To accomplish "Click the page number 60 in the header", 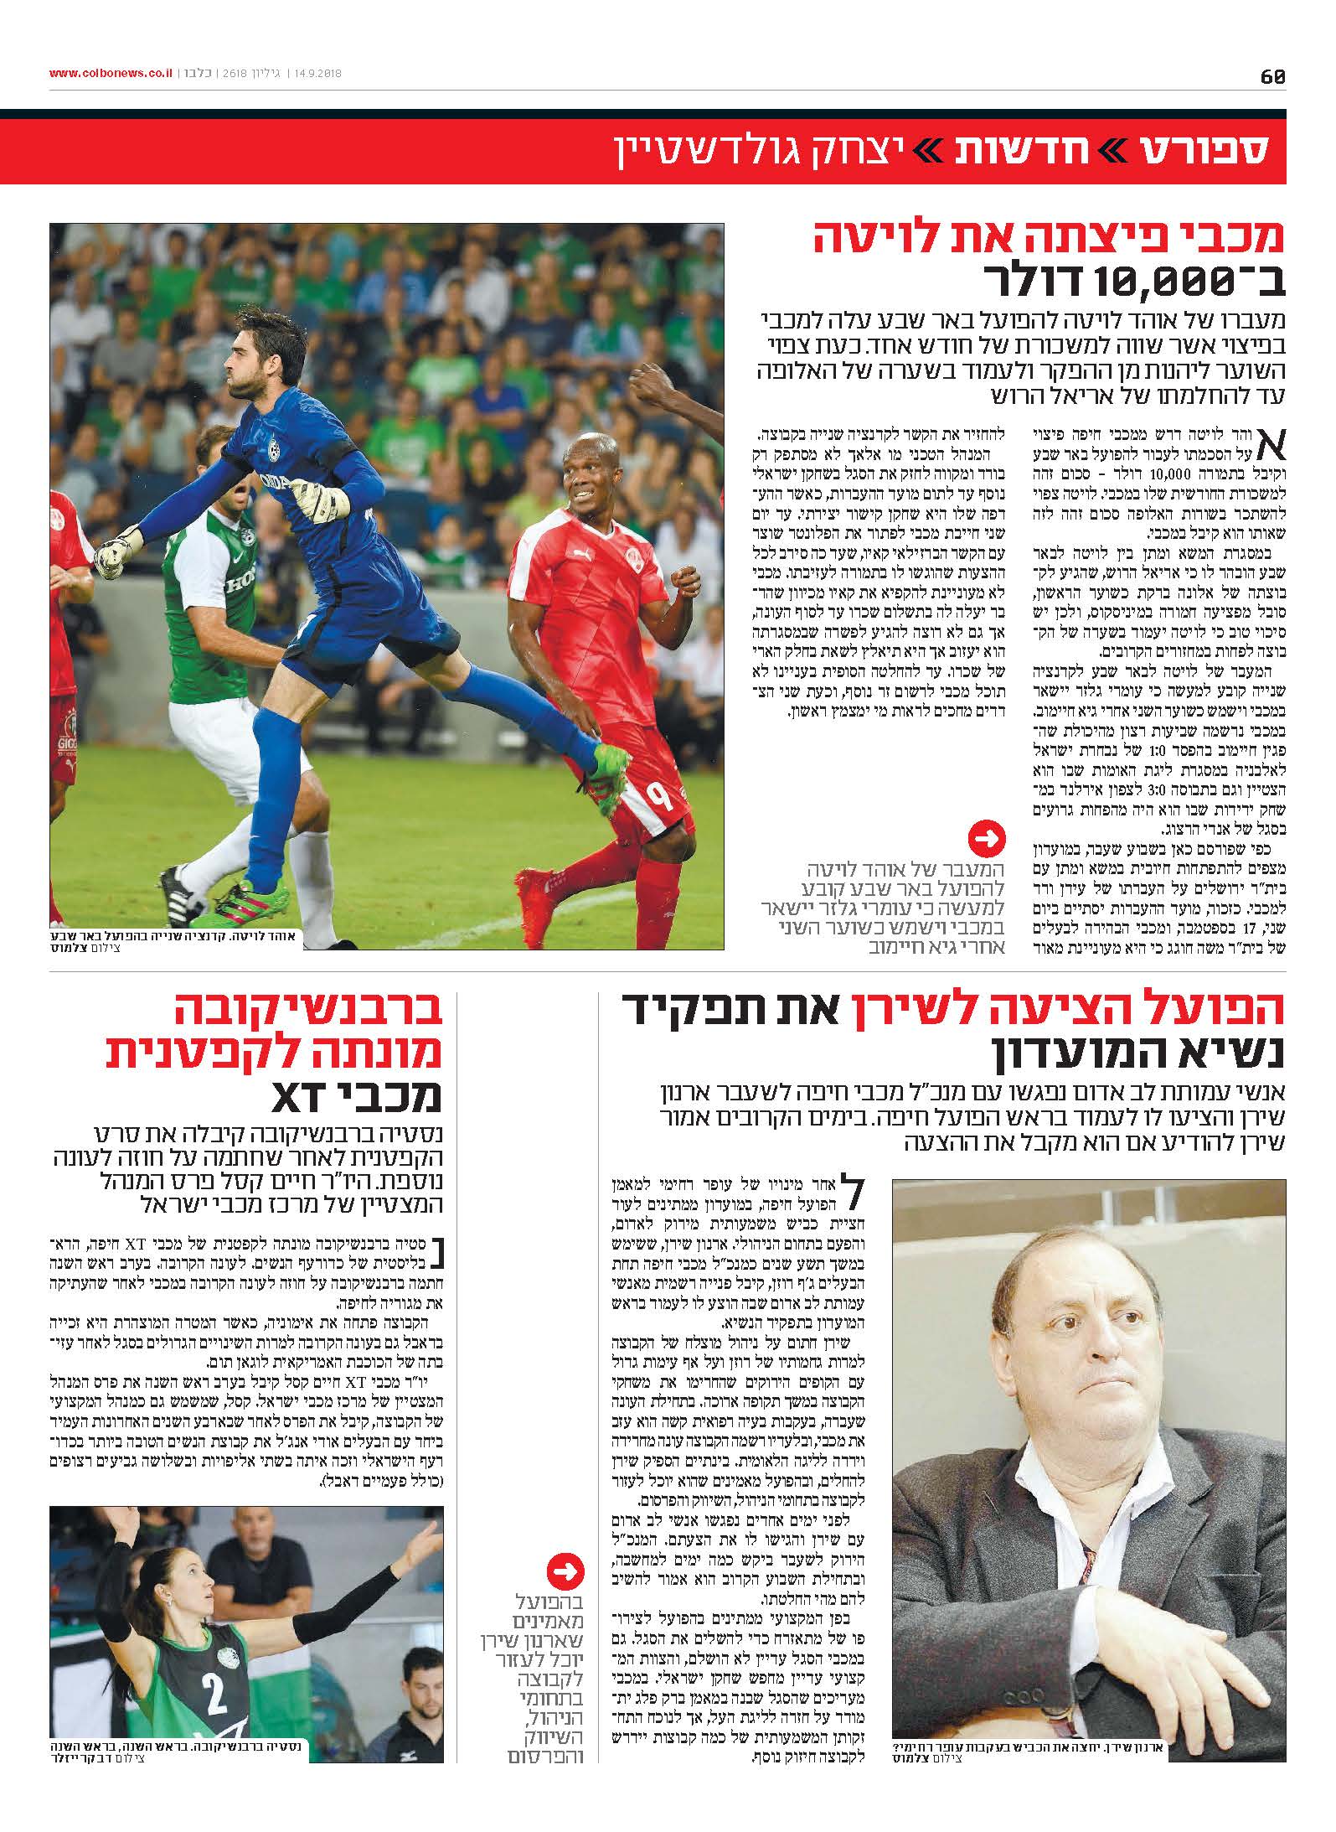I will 1272,76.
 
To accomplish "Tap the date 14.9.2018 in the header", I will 323,74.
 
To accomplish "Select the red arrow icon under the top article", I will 986,837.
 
